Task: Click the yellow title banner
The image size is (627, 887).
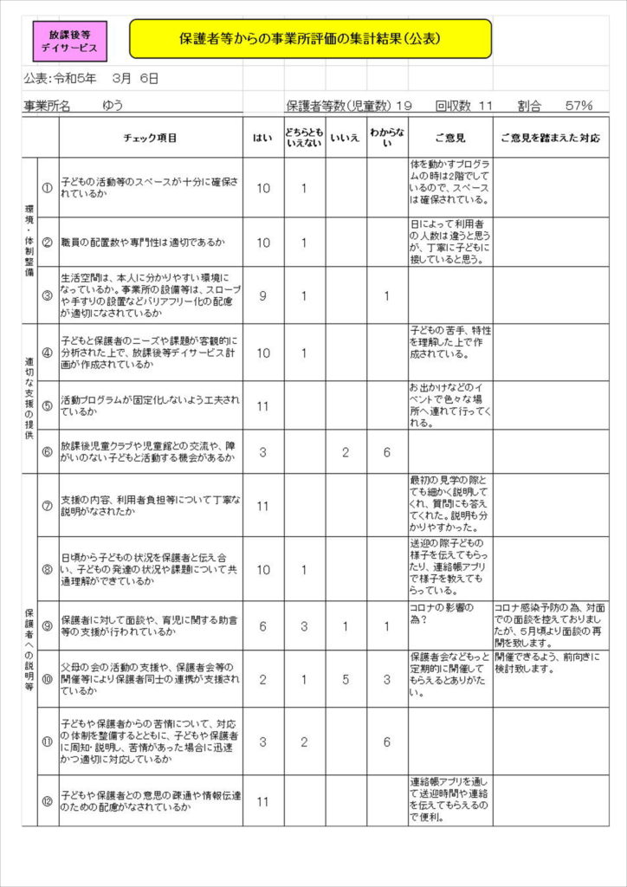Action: pos(311,39)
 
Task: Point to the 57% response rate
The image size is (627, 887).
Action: pos(578,106)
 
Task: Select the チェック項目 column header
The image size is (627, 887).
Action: pos(151,138)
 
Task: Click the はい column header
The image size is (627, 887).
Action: pos(262,138)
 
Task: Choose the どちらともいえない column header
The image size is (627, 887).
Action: pos(304,138)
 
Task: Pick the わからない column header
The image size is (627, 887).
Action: pos(387,138)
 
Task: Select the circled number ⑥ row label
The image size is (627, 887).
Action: pos(47,451)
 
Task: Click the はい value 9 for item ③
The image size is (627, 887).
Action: pos(262,295)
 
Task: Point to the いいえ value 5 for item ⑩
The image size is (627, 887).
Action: pos(346,679)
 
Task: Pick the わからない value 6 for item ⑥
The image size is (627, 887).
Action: pos(387,451)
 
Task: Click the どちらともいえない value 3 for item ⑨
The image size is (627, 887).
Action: pos(304,626)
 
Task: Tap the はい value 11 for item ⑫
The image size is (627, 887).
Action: pos(262,801)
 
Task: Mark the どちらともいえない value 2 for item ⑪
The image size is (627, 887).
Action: pos(304,741)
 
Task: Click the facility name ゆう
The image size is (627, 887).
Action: pos(113,106)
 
